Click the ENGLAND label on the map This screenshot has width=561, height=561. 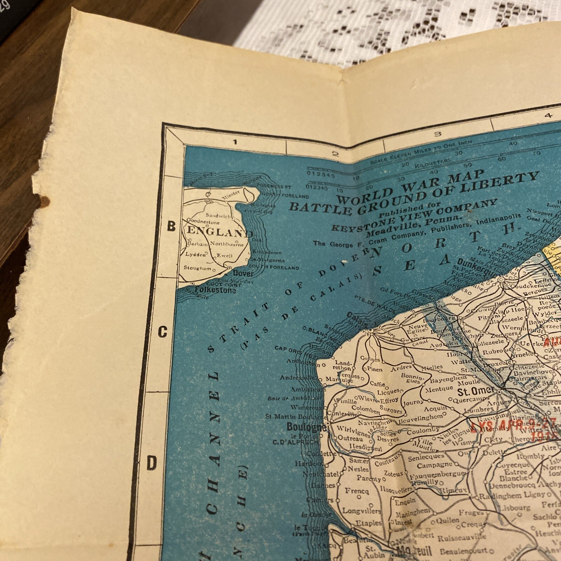[x=220, y=232]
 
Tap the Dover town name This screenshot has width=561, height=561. [x=243, y=273]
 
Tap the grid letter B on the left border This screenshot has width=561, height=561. [x=171, y=227]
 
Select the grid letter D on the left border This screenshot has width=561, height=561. [x=151, y=464]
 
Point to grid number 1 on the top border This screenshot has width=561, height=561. [x=235, y=142]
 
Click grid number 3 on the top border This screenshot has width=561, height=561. [x=437, y=134]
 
